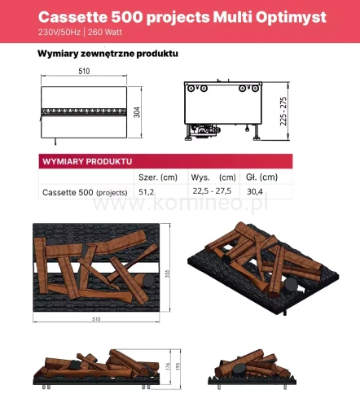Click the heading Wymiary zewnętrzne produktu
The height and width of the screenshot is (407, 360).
(x=108, y=55)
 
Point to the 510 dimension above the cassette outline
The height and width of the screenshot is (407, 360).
(x=84, y=72)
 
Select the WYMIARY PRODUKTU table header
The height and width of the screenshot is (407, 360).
(x=86, y=161)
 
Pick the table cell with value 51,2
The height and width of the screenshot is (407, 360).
(x=147, y=192)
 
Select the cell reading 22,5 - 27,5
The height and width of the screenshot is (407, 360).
(x=212, y=192)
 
